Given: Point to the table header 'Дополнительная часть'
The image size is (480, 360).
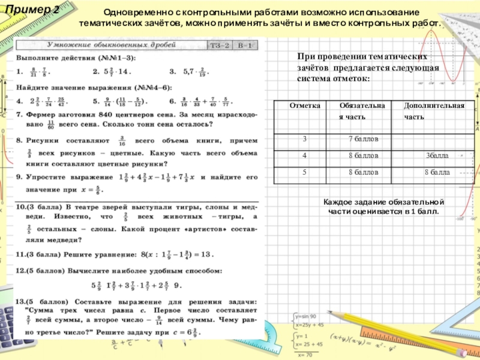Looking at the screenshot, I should coord(434,110).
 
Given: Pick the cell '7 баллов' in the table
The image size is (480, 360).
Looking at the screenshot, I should coord(364,139).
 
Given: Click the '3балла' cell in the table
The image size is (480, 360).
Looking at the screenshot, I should coord(437,155).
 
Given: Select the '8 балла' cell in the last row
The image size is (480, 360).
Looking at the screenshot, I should coord(437,172).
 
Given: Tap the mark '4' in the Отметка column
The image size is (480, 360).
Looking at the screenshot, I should coord(304,155).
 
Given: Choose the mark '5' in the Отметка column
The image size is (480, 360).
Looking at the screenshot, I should coord(304,172).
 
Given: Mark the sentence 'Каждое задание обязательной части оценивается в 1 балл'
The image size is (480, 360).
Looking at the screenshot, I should coord(383,207).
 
